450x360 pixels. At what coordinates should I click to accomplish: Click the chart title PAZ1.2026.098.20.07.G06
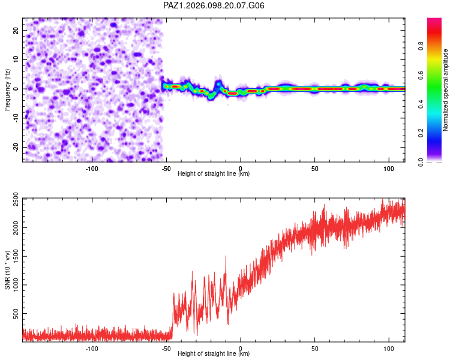click(x=214, y=5)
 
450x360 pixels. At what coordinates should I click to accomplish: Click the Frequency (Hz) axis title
click(x=7, y=90)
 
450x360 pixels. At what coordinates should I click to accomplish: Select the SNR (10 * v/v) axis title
click(x=7, y=270)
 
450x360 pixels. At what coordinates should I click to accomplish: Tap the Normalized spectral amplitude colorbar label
click(x=445, y=90)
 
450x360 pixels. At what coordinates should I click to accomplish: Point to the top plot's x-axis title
click(x=214, y=173)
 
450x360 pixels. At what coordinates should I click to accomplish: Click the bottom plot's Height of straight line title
click(x=214, y=353)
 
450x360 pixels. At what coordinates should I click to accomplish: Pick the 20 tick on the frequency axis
click(x=16, y=30)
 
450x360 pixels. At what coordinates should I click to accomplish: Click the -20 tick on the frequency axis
click(x=16, y=147)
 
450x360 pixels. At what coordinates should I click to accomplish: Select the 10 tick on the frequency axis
click(x=16, y=59)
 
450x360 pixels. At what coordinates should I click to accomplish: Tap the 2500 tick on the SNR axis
click(x=16, y=199)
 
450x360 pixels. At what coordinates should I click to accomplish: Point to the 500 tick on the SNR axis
click(x=16, y=313)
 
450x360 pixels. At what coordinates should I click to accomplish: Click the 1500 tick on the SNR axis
click(x=16, y=256)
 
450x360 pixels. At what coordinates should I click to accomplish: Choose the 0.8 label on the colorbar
click(x=421, y=46)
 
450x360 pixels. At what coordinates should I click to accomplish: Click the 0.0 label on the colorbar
click(x=421, y=163)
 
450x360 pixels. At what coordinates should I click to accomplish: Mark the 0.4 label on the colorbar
click(x=421, y=104)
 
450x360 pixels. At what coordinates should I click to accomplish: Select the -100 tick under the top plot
click(x=92, y=169)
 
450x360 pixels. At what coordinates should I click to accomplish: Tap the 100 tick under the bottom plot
click(x=389, y=349)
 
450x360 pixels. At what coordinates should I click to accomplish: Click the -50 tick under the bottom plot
click(x=166, y=349)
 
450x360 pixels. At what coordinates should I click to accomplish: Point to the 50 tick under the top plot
click(x=315, y=169)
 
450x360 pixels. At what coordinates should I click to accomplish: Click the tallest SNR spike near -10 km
click(x=226, y=256)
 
